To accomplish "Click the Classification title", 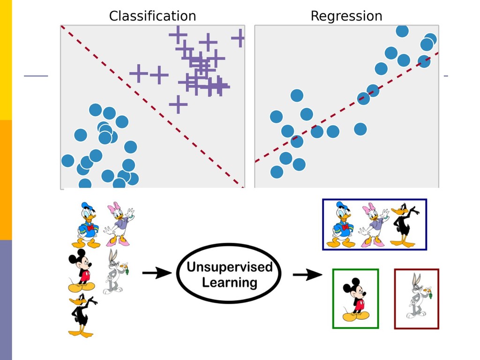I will point(152,16).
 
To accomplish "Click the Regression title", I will point(346,16).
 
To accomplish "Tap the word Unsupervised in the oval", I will point(229,267).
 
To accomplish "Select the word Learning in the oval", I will point(229,283).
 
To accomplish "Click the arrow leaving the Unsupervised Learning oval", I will point(307,275).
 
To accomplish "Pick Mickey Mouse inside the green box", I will point(355,300).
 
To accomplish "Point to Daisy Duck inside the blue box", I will point(373,225).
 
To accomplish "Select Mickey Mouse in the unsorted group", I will point(81,270).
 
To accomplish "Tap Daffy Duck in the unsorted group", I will point(82,315).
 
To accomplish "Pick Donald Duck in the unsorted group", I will point(87,225).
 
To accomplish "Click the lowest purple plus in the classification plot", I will point(178,104).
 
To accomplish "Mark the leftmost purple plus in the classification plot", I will point(138,73).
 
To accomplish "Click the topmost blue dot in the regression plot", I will point(402,31).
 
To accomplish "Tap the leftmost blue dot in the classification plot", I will point(68,161).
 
